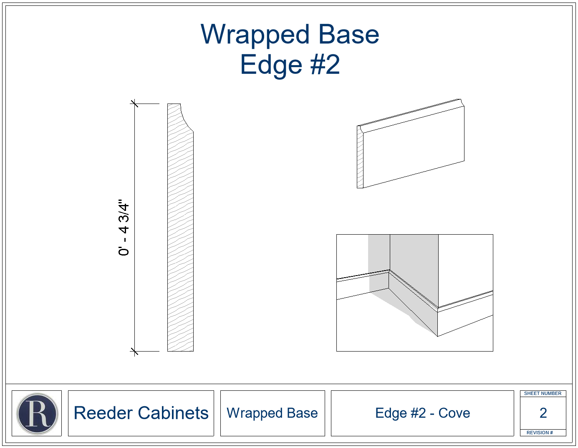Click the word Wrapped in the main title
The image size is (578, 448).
coord(255,35)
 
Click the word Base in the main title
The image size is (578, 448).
coord(349,35)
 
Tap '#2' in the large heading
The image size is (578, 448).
coord(325,64)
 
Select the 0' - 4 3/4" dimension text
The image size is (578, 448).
coord(124,228)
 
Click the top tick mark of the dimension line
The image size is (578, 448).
coord(135,104)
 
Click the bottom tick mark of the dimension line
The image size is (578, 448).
coord(135,352)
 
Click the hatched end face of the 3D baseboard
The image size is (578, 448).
coord(360,157)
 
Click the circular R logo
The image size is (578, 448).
coord(37,414)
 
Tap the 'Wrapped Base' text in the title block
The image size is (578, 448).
coord(272,413)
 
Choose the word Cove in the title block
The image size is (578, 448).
coord(454,413)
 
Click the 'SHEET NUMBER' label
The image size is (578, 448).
coord(543,393)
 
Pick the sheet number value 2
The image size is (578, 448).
coord(543,413)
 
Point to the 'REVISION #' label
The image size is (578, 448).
coord(540,433)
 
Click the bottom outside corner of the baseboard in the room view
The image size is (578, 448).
coord(437,337)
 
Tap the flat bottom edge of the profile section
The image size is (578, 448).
coord(180,351)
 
